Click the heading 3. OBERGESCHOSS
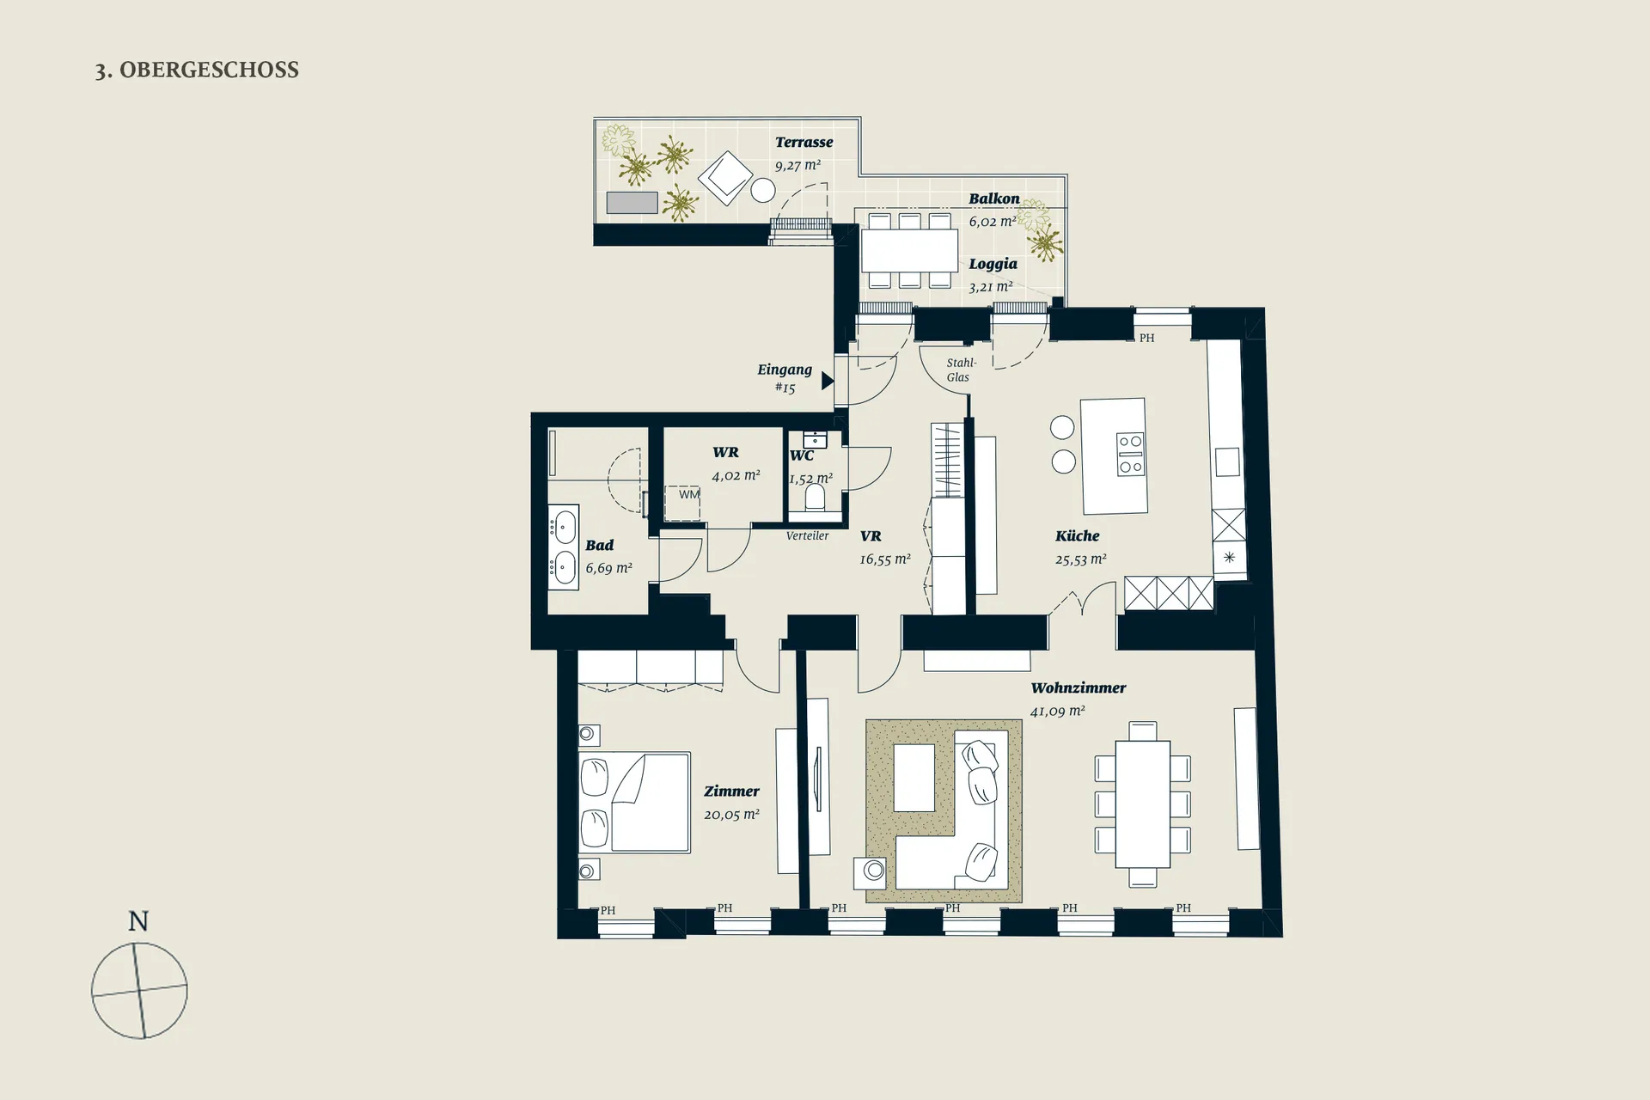197,70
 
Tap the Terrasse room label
804,143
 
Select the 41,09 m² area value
1057,711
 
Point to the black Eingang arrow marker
828,380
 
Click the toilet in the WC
815,496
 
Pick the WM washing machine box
683,503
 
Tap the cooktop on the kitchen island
1130,455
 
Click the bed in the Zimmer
634,803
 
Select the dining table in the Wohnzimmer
1142,804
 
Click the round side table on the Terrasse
763,190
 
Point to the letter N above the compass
138,921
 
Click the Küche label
1077,536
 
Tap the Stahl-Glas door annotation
960,370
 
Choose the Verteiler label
807,536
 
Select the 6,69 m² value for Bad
608,568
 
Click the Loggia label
993,264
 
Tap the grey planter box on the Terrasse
632,203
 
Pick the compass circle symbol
139,990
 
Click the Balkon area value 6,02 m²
993,221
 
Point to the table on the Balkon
909,251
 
